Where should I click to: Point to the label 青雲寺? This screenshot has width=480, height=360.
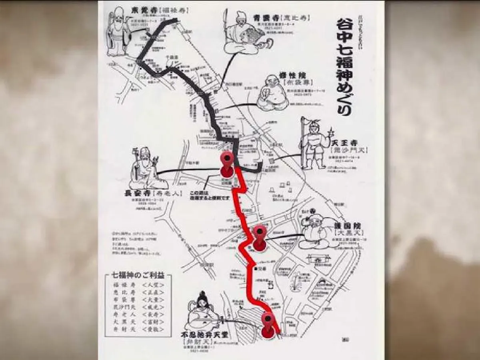(x=263, y=18)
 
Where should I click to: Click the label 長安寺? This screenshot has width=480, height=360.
(x=138, y=193)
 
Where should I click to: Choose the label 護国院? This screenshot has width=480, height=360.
(x=345, y=226)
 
